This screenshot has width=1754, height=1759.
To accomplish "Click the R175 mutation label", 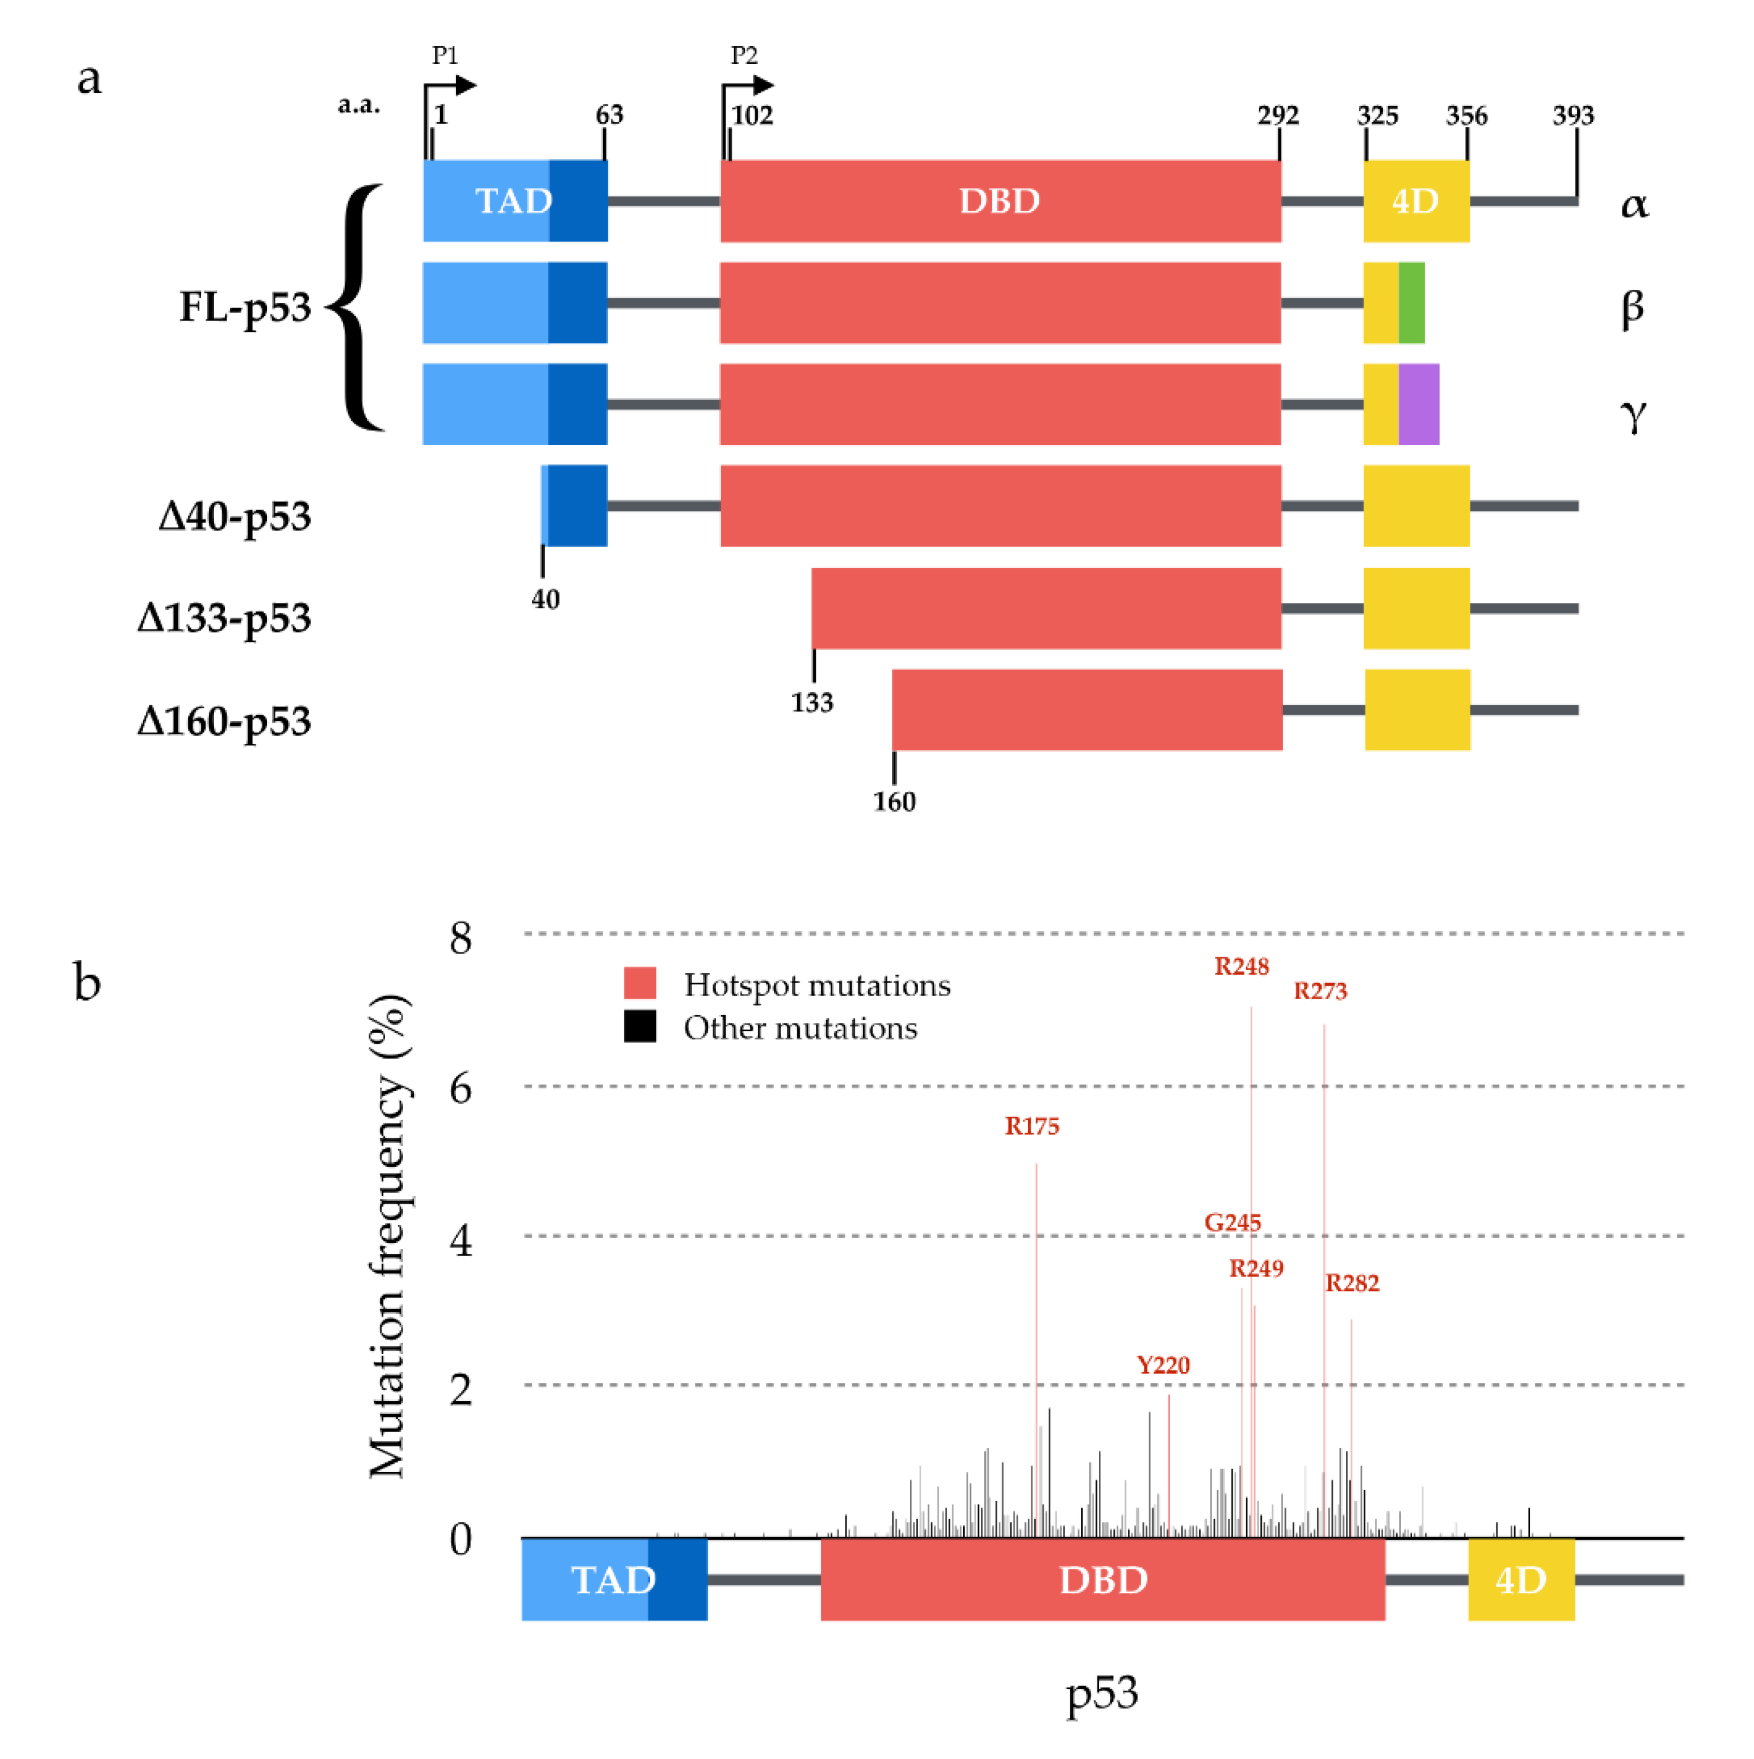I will tap(1031, 1126).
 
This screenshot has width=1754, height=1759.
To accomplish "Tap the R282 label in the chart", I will tap(1352, 1284).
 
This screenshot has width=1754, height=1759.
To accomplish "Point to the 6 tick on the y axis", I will tap(461, 1088).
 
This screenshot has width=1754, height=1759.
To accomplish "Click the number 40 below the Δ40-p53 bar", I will tap(545, 599).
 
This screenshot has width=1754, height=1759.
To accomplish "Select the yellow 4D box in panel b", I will tap(1521, 1579).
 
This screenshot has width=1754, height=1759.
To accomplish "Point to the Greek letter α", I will tap(1634, 204).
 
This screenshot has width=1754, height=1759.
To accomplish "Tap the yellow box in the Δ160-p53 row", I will tap(1417, 710).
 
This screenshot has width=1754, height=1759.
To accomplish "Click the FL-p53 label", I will tap(245, 307).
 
